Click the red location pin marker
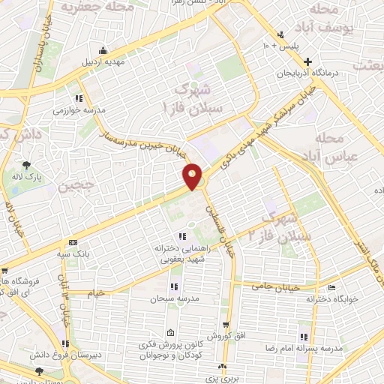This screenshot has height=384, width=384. coord(193,177)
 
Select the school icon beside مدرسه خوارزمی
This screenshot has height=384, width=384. coord(78,97)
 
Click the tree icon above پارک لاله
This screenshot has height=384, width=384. coord(28,165)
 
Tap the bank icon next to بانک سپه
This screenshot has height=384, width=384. coord(73,242)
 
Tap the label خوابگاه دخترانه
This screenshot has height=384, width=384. coord(331,298)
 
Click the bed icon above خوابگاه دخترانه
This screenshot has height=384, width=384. coord(331,287)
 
